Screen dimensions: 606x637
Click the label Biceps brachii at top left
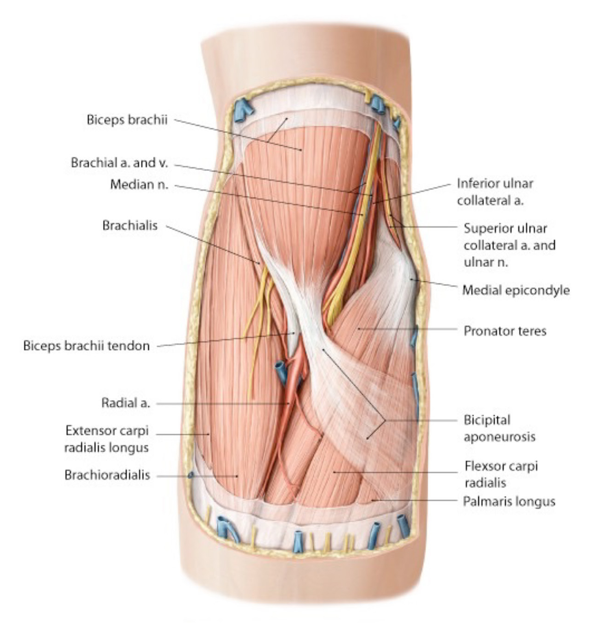127,120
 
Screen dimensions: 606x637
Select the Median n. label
140,185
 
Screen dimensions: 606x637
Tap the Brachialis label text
130,225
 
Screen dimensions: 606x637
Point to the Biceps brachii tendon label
86,346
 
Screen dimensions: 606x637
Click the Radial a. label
126,403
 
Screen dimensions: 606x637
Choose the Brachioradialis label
107,475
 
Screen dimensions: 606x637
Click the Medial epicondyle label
516,290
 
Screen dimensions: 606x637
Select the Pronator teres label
505,331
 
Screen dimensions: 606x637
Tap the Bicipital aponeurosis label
499,428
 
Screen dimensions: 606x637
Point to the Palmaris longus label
509,502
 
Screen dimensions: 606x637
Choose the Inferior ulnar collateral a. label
495,192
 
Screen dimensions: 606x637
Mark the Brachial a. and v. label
120,163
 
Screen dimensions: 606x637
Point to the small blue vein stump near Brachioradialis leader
191,475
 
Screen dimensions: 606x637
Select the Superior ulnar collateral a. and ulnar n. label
509,245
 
